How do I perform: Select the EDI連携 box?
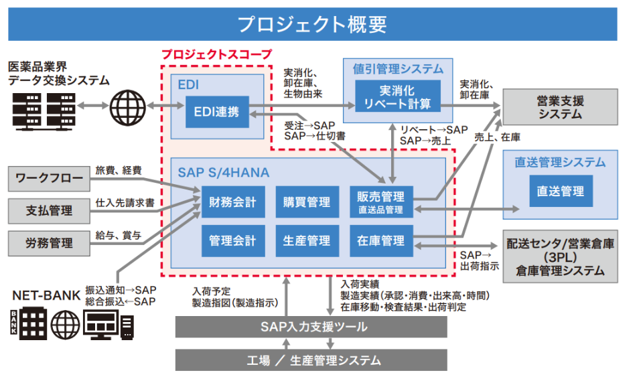click(217, 112)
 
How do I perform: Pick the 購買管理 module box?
click(306, 202)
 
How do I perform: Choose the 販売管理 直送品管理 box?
click(380, 202)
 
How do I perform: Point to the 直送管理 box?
click(561, 192)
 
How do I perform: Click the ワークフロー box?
click(50, 179)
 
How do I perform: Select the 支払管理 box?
click(50, 210)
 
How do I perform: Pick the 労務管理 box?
click(50, 241)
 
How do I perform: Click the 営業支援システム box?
click(560, 107)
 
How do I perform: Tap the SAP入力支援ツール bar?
click(311, 327)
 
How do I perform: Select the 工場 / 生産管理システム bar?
click(311, 360)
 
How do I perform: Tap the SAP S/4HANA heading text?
click(223, 173)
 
